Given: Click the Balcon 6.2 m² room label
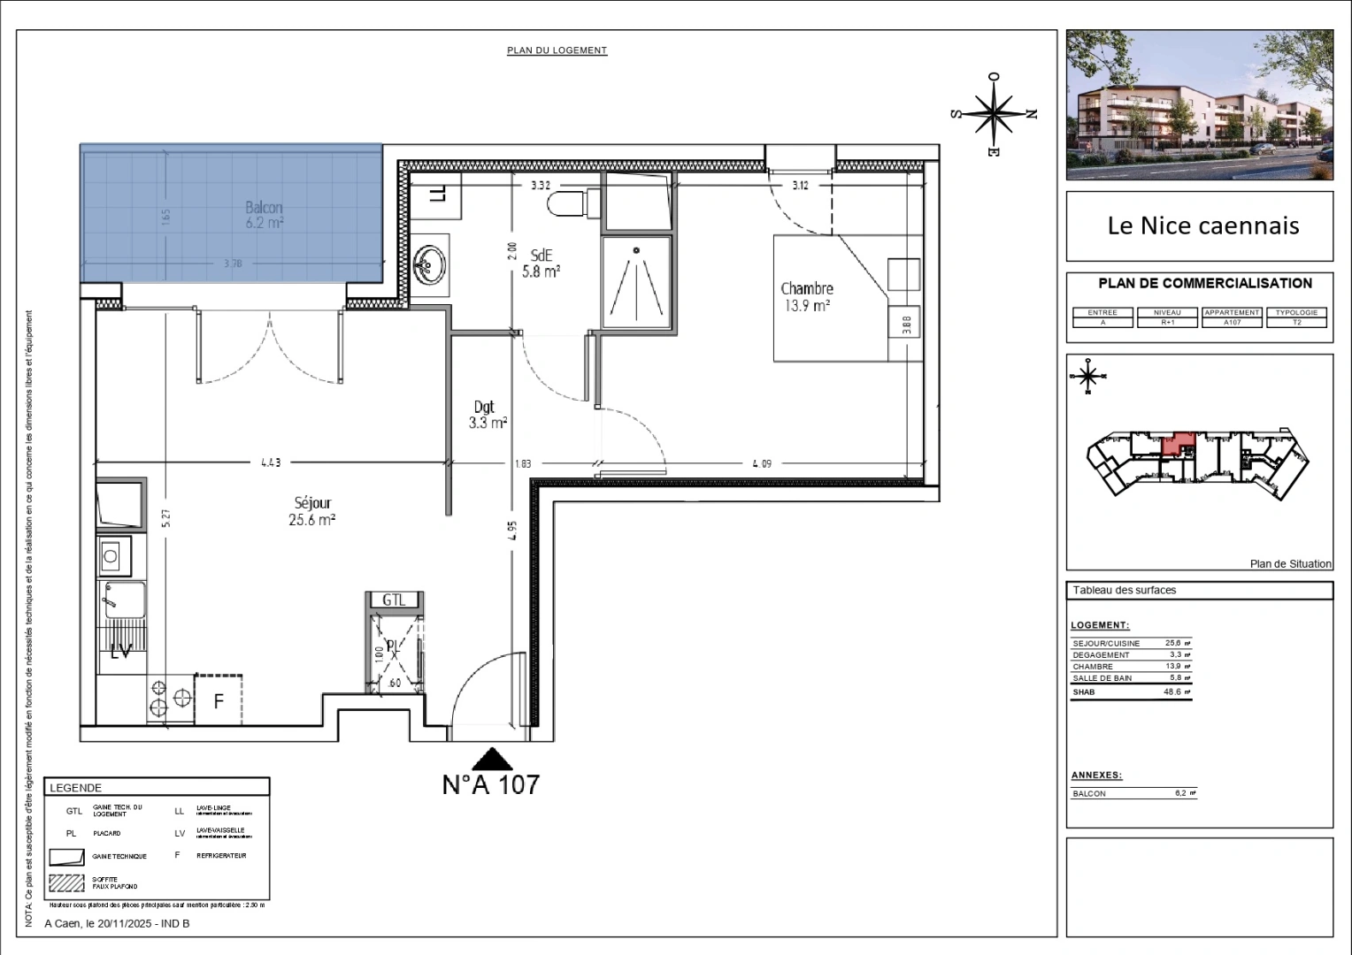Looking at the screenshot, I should (x=264, y=215).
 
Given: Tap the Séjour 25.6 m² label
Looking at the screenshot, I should (x=311, y=511).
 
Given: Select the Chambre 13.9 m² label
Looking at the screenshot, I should (x=806, y=297).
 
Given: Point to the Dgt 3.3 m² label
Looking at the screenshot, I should (x=487, y=415).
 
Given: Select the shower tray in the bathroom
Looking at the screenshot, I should (x=636, y=281).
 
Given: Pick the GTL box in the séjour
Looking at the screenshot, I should (x=394, y=600).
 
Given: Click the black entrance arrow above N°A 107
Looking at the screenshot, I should (x=491, y=758).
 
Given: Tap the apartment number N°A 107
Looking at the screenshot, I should (x=490, y=784).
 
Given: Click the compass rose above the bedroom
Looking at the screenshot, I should (x=995, y=113).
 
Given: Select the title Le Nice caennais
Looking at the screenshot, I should (x=1202, y=225).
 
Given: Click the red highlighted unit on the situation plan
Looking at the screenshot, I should (x=1176, y=442).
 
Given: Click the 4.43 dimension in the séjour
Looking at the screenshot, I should (x=270, y=462).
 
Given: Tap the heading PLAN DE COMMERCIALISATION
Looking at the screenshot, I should (x=1204, y=284).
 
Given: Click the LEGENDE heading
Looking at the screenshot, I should (x=76, y=788).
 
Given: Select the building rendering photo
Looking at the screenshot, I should (x=1199, y=104).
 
